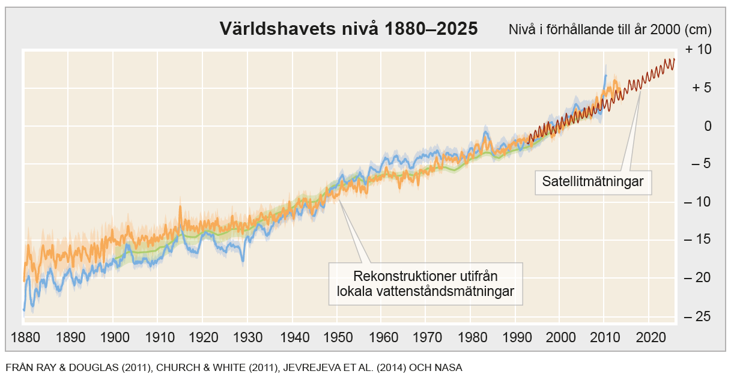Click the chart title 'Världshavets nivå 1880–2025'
pyautogui.click(x=348, y=28)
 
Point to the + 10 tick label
pyautogui.click(x=698, y=50)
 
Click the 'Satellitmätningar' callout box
pyautogui.click(x=593, y=182)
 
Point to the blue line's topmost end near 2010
pyautogui.click(x=605, y=75)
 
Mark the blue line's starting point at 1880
pyautogui.click(x=24, y=310)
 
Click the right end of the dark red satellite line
pyautogui.click(x=675, y=59)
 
